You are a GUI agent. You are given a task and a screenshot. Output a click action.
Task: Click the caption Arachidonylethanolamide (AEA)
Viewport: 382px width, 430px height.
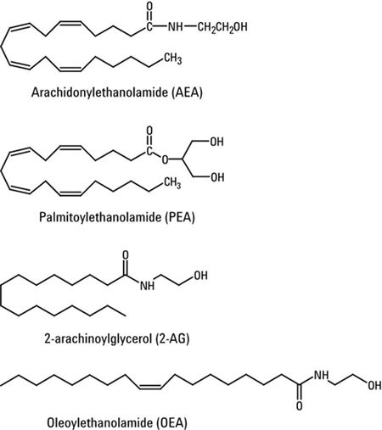pyautogui.click(x=117, y=92)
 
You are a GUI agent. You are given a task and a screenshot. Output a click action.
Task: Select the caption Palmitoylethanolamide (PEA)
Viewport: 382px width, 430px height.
pyautogui.click(x=117, y=217)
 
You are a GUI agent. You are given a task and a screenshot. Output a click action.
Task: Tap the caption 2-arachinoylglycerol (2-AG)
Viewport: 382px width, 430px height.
pyautogui.click(x=117, y=338)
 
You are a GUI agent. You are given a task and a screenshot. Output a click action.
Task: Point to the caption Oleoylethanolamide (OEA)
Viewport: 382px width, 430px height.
pyautogui.click(x=117, y=423)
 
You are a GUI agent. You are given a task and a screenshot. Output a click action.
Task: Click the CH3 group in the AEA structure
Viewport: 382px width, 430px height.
pyautogui.click(x=173, y=59)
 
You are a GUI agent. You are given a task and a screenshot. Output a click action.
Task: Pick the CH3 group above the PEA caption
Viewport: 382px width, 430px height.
pyautogui.click(x=172, y=183)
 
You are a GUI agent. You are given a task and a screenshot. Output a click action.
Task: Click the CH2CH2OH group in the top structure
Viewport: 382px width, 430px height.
pyautogui.click(x=222, y=27)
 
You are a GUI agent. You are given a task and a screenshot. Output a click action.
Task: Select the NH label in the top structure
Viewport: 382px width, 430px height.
pyautogui.click(x=176, y=27)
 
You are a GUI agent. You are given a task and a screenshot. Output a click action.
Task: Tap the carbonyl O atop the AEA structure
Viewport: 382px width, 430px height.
pyautogui.click(x=149, y=6)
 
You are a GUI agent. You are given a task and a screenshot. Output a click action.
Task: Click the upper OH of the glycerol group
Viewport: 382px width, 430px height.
pyautogui.click(x=217, y=142)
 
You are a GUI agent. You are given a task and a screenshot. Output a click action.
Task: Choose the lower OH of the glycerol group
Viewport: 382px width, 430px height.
pyautogui.click(x=217, y=177)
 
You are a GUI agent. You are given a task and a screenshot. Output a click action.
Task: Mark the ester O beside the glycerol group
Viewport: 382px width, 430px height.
pyautogui.click(x=165, y=160)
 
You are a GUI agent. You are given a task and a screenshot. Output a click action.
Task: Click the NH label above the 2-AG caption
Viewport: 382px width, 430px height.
pyautogui.click(x=148, y=286)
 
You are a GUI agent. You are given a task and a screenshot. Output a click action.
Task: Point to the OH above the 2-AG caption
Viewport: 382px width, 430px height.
pyautogui.click(x=200, y=276)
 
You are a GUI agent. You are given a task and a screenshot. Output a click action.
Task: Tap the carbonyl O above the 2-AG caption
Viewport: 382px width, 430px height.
pyautogui.click(x=126, y=255)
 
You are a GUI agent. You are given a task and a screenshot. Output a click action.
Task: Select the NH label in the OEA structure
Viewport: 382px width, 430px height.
pyautogui.click(x=322, y=376)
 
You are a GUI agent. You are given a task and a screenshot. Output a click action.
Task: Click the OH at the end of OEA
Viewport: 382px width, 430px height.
pyautogui.click(x=374, y=386)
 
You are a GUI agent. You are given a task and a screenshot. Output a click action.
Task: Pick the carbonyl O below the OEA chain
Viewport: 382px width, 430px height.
pyautogui.click(x=300, y=406)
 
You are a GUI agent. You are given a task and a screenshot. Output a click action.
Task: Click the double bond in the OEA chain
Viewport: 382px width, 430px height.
pyautogui.click(x=150, y=386)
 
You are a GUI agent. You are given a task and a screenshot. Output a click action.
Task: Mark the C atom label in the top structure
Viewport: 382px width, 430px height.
pyautogui.click(x=149, y=27)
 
